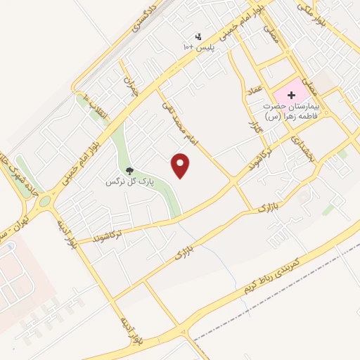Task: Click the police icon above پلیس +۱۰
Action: coord(198,37)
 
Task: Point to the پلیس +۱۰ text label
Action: coord(198,47)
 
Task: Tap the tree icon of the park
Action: coord(129,170)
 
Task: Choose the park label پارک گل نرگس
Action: coord(129,182)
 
